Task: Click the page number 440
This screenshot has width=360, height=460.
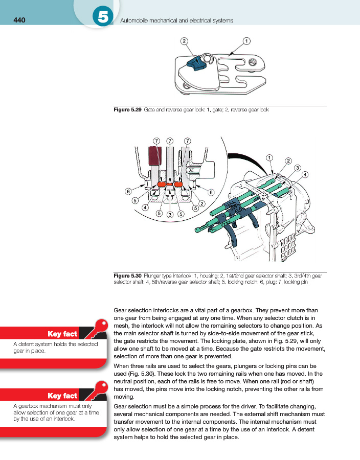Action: (x=19, y=20)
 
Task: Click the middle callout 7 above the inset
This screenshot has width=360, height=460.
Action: (x=170, y=141)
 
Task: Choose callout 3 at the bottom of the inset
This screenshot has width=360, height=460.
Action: (x=169, y=214)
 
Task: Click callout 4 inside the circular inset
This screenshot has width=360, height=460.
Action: (x=145, y=208)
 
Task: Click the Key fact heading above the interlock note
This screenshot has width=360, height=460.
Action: (x=62, y=396)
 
